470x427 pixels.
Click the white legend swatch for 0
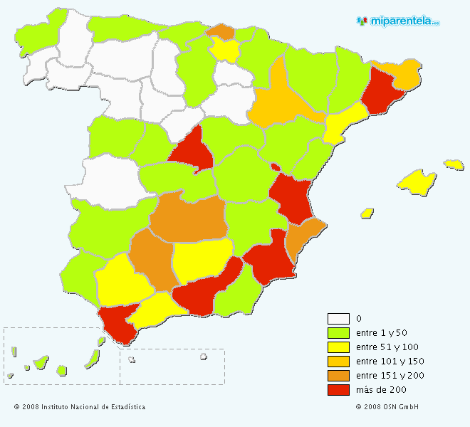pyautogui.click(x=338, y=319)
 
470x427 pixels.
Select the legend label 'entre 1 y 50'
pyautogui.click(x=380, y=333)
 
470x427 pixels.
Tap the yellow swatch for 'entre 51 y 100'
pyautogui.click(x=338, y=347)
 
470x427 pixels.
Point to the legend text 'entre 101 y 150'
pyautogui.click(x=390, y=362)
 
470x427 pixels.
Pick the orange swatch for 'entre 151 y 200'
pyautogui.click(x=338, y=376)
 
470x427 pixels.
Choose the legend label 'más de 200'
pyautogui.click(x=381, y=390)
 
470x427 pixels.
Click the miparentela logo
pyautogui.click(x=398, y=21)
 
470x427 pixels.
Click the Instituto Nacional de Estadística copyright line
pyautogui.click(x=79, y=407)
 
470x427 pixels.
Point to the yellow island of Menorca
pyautogui.click(x=454, y=164)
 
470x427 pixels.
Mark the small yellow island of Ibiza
pyautogui.click(x=367, y=213)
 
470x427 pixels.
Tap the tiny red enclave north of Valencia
pyautogui.click(x=275, y=167)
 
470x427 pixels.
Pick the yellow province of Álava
pyautogui.click(x=226, y=49)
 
